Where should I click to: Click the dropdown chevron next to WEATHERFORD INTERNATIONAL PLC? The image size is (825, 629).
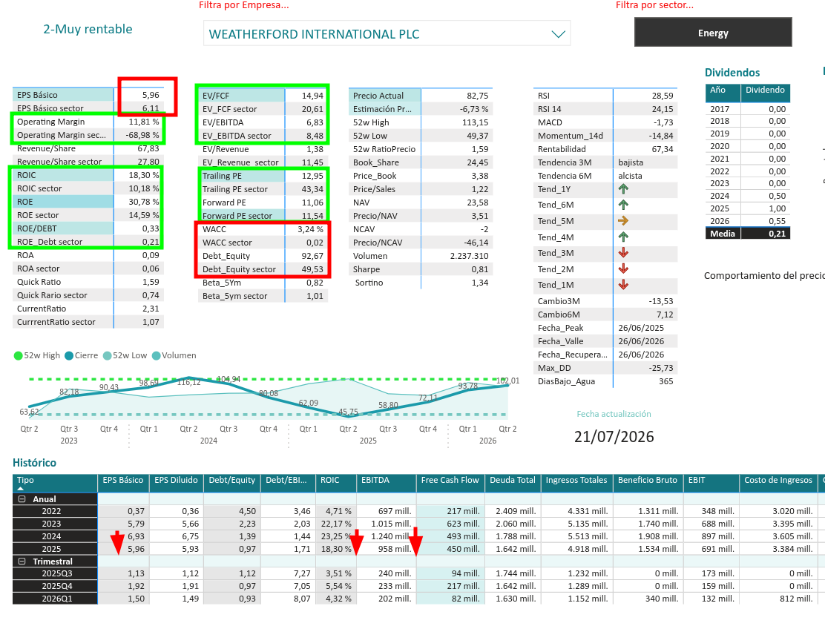click(x=558, y=34)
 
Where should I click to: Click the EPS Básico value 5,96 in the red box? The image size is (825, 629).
click(x=151, y=95)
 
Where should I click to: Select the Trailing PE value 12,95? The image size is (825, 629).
click(x=312, y=176)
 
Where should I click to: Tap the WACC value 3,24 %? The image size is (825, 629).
click(x=310, y=229)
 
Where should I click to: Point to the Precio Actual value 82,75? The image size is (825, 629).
click(x=477, y=96)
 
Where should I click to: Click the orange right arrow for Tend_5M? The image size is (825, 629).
click(x=623, y=221)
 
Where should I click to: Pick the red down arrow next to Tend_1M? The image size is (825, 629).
click(x=623, y=285)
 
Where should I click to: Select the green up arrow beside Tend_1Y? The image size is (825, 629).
click(x=623, y=189)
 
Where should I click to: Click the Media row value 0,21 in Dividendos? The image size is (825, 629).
click(x=777, y=234)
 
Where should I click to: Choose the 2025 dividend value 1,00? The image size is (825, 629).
click(x=777, y=208)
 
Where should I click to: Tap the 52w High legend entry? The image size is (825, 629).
click(x=37, y=355)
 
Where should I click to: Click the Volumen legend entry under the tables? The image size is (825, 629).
click(x=174, y=355)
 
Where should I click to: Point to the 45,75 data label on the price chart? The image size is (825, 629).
click(x=348, y=412)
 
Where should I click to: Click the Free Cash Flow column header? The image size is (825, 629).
click(x=450, y=480)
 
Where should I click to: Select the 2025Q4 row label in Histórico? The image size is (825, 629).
click(x=57, y=586)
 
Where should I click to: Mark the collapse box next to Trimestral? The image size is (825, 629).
click(x=22, y=562)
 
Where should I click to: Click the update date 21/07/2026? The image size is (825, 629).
click(x=614, y=436)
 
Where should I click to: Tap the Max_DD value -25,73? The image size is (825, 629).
click(x=661, y=368)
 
